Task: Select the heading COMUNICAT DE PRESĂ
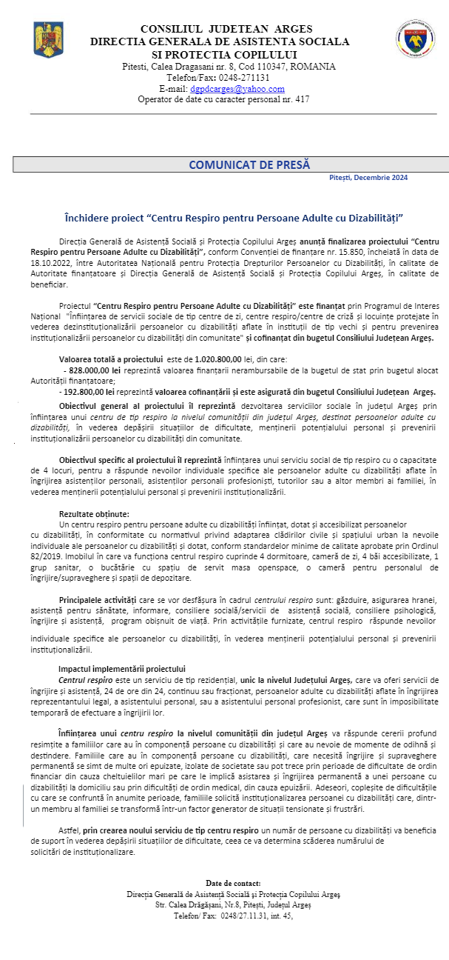pos(249,164)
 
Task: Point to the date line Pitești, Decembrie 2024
pos(368,178)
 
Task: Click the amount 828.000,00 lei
pos(98,368)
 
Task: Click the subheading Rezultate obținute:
pos(94,514)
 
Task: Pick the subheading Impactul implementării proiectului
pos(121,669)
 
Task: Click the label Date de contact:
pos(233,883)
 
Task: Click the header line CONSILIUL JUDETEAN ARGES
pos(226,29)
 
